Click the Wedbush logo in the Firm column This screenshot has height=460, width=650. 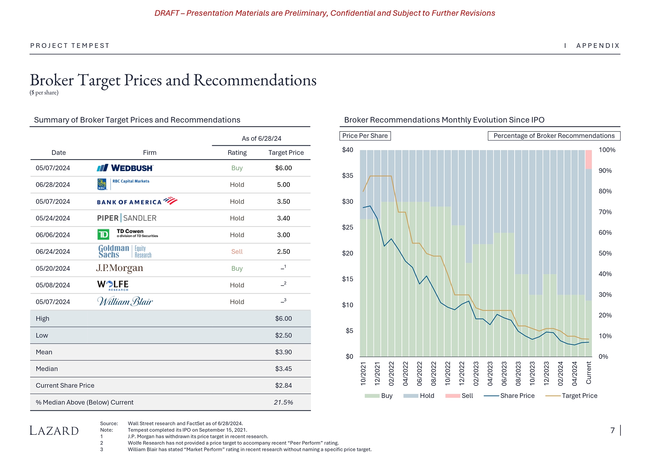pos(125,168)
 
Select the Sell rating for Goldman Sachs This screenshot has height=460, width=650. pos(237,252)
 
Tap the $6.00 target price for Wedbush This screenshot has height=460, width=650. pos(283,168)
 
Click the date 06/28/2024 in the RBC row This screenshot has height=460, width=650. pos(53,185)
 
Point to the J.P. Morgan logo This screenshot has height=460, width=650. pos(120,268)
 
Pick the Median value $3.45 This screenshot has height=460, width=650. pos(283,369)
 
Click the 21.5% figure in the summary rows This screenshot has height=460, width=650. pos(283,403)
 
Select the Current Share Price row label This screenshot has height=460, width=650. pos(65,386)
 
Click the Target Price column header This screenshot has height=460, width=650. pos(286,153)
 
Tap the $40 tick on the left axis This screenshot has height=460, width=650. pos(348,150)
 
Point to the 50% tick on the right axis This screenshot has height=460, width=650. pos(605,253)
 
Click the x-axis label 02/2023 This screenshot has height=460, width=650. pos(476,373)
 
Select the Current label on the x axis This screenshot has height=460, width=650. pos(589,373)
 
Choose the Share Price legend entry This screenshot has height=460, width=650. pos(509,396)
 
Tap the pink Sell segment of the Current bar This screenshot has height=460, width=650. pos(588,160)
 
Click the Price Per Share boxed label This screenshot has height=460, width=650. pos(365,136)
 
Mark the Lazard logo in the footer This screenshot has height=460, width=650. pos(54,431)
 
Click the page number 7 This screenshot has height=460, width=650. pos(613,431)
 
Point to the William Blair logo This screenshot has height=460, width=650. pos(125,302)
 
